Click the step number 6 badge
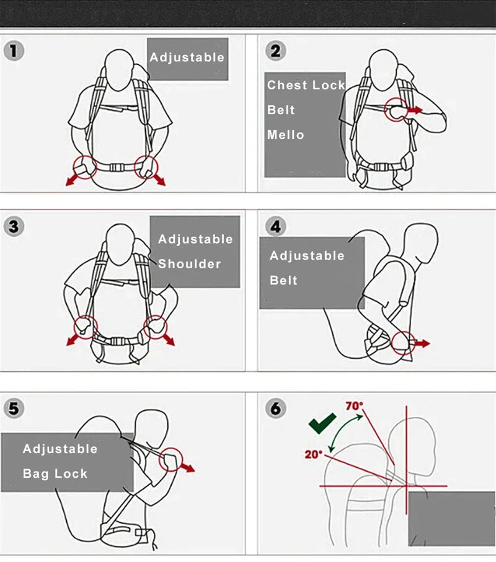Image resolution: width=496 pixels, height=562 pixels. coord(276,409)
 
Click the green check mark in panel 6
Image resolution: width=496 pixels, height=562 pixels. coord(322,424)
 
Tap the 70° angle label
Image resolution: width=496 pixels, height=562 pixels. coord(355,407)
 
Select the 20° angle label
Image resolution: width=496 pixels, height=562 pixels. coord(313,454)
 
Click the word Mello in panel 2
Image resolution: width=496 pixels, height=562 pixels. coord(286,134)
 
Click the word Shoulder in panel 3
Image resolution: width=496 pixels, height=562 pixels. coord(189,264)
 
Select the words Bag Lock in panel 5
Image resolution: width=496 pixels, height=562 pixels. coord(55,474)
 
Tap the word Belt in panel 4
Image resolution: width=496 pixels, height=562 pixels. coord(283,281)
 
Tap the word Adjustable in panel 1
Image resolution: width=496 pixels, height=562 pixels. coord(187,58)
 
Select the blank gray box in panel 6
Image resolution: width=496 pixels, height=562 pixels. coord(451,519)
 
